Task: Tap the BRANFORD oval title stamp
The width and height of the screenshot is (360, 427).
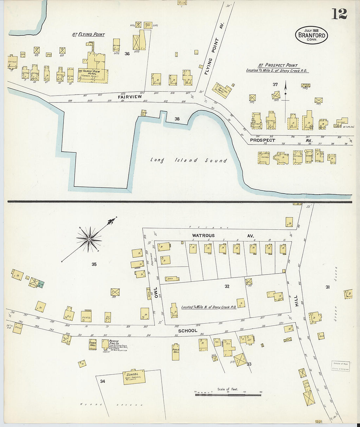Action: click(x=311, y=35)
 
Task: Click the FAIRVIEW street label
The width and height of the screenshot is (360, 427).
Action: click(x=130, y=97)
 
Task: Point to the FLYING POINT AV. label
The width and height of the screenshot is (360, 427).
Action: click(x=210, y=56)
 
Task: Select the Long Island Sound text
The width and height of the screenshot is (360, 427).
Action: click(x=189, y=160)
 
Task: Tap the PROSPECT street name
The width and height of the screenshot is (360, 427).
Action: click(x=262, y=140)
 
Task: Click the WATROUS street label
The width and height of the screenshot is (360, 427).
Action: click(x=203, y=236)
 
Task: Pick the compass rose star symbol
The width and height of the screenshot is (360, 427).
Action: click(x=89, y=240)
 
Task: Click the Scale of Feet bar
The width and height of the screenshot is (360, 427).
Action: click(x=228, y=395)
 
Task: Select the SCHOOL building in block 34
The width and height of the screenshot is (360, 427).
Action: click(x=134, y=377)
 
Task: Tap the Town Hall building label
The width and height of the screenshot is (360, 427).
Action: click(x=93, y=344)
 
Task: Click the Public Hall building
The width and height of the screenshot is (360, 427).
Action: click(x=176, y=352)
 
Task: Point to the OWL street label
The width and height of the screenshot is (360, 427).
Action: click(x=156, y=293)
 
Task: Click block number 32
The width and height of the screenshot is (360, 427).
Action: click(x=227, y=286)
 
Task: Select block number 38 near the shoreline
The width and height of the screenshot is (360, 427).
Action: click(x=177, y=119)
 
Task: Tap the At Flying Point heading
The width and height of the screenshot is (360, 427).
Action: click(x=88, y=34)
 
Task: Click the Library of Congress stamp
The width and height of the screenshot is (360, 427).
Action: click(x=340, y=366)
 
